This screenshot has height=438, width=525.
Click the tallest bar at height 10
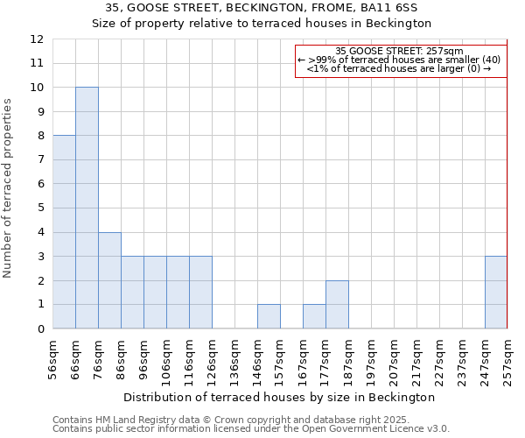pyautogui.click(x=87, y=208)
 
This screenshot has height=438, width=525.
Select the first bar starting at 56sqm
pyautogui.click(x=64, y=232)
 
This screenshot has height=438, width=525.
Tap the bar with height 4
pyautogui.click(x=109, y=280)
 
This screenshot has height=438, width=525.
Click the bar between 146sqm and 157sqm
pyautogui.click(x=269, y=316)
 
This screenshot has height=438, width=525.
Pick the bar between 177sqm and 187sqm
pyautogui.click(x=337, y=304)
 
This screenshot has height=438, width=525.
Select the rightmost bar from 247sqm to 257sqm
pyautogui.click(x=496, y=293)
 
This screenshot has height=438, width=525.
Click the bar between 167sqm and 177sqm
pyautogui.click(x=314, y=316)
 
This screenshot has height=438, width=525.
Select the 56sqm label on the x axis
pyautogui.click(x=53, y=358)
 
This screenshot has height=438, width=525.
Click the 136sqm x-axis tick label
pyautogui.click(x=235, y=358)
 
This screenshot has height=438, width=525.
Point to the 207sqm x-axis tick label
pyautogui.click(x=395, y=358)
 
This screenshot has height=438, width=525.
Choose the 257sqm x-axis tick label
pyautogui.click(x=507, y=358)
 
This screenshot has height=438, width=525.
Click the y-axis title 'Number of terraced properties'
pyautogui.click(x=8, y=187)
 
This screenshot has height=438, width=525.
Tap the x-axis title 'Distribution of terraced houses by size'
pyautogui.click(x=262, y=397)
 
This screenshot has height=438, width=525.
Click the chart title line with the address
pyautogui.click(x=262, y=7)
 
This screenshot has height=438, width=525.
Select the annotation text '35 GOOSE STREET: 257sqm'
pyautogui.click(x=400, y=51)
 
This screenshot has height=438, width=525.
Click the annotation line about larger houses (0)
pyautogui.click(x=400, y=68)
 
